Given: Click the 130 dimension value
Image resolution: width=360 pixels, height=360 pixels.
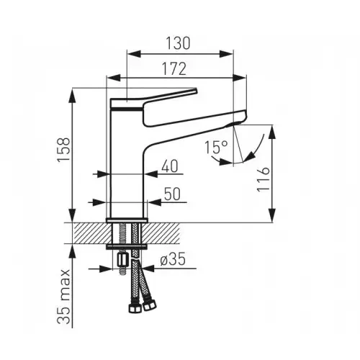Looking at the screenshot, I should click(x=180, y=43).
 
